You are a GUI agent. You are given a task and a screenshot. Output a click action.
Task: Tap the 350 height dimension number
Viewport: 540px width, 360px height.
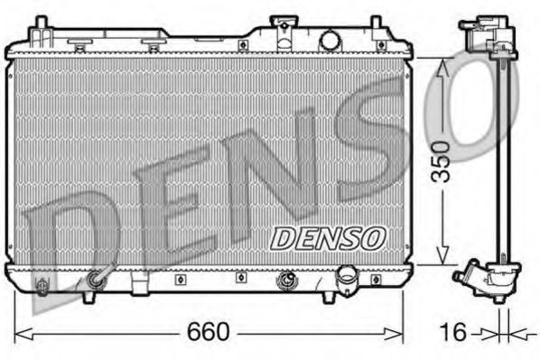point(441,161)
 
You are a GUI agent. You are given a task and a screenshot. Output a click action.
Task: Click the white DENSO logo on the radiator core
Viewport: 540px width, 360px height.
point(329,237)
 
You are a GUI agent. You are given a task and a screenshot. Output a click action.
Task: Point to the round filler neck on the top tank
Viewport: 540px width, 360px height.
point(331,40)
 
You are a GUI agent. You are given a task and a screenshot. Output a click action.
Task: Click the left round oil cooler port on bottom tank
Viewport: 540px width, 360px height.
point(97,282)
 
